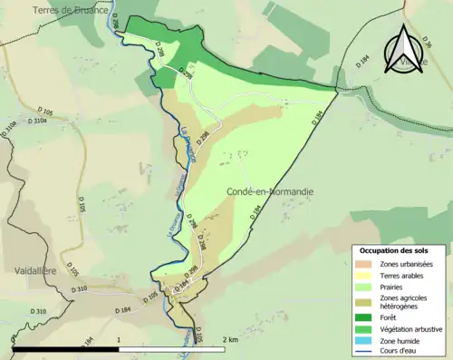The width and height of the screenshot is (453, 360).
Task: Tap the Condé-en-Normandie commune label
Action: pyautogui.click(x=271, y=191)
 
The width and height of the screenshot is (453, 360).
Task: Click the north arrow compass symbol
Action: pyautogui.click(x=405, y=46)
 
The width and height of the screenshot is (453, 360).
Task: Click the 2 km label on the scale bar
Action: pyautogui.click(x=229, y=339)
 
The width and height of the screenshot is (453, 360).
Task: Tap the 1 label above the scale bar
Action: pyautogui.click(x=120, y=339)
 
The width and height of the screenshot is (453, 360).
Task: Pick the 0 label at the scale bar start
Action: pyautogui.click(x=14, y=339)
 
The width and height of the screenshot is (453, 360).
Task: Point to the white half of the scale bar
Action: pyautogui.click(x=172, y=348)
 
